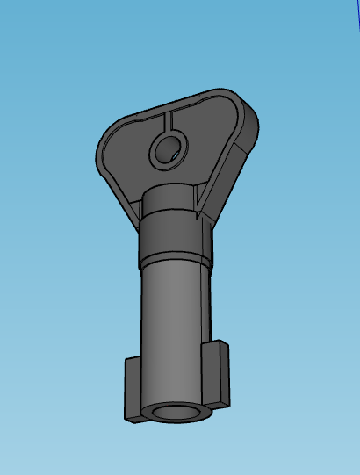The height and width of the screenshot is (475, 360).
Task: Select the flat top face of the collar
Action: (x=170, y=194)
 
